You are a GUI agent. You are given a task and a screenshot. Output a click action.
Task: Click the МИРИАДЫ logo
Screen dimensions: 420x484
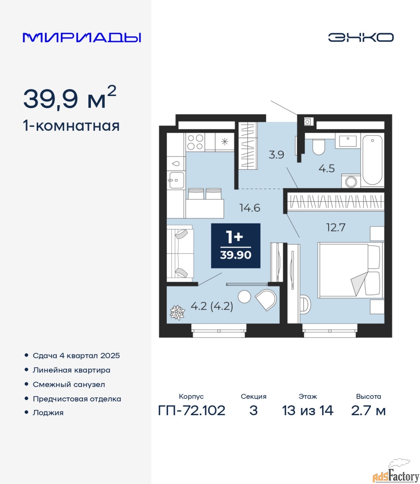81,37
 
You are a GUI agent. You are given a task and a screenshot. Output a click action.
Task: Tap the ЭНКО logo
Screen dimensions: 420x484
361,37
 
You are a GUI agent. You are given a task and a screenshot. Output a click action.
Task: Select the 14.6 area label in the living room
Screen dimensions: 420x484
250,208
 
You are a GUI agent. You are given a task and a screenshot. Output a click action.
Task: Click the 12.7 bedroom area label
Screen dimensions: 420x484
336,227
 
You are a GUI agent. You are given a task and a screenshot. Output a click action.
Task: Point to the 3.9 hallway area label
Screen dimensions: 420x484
276,155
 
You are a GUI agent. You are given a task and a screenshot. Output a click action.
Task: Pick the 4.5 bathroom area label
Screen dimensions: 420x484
326,168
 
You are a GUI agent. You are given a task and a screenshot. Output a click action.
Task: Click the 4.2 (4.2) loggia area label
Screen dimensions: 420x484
212,306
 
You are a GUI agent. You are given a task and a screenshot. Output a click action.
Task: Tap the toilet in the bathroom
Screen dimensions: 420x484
319,147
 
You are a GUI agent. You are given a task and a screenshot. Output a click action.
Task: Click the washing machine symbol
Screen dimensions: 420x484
351,181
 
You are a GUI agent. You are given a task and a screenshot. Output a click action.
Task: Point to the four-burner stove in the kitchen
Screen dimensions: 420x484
195,142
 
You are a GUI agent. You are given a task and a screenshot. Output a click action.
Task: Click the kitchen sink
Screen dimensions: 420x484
176,180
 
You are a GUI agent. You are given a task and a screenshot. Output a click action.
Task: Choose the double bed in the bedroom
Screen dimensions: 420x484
351,270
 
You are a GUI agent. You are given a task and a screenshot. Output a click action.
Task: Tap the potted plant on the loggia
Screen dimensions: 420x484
177,312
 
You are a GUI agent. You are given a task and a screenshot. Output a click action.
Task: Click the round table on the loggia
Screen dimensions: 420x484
244,297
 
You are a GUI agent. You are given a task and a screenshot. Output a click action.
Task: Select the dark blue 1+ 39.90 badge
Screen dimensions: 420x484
236,246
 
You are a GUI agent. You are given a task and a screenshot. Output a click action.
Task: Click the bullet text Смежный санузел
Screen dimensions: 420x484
69,385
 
